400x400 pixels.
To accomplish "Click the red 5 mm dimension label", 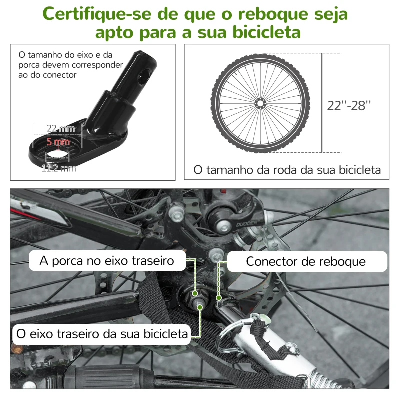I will (x=59, y=142).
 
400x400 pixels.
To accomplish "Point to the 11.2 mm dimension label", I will (x=58, y=168).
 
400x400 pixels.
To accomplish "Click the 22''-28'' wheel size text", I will (x=349, y=105).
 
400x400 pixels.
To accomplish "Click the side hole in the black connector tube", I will (x=146, y=75).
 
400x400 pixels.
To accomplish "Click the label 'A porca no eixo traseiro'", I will (x=107, y=261).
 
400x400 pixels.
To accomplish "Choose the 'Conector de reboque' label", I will (x=306, y=261).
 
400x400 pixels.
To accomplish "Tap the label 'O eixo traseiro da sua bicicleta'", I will (x=102, y=333).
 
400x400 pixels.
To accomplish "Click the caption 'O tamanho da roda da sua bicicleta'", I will (x=287, y=170).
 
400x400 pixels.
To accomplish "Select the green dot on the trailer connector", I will (x=218, y=298).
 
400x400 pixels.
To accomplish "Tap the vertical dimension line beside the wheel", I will (x=322, y=103).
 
